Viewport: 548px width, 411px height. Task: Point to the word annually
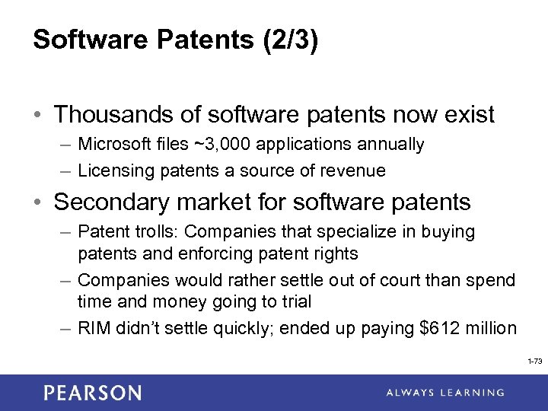point(384,144)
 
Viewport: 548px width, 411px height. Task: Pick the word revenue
point(358,170)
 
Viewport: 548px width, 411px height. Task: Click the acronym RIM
point(94,328)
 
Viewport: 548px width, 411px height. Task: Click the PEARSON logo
point(92,393)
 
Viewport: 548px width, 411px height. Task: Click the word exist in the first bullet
point(467,115)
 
